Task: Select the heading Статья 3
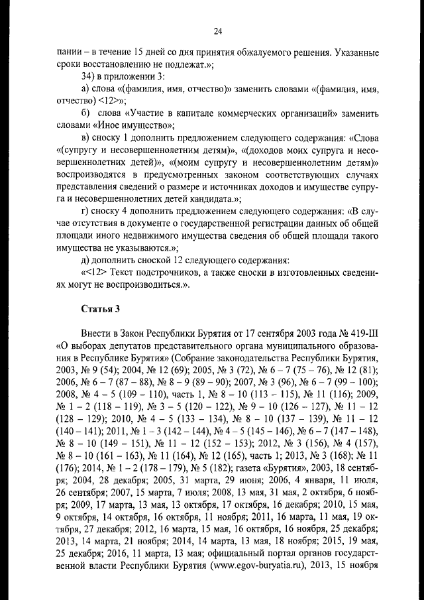point(100,308)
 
